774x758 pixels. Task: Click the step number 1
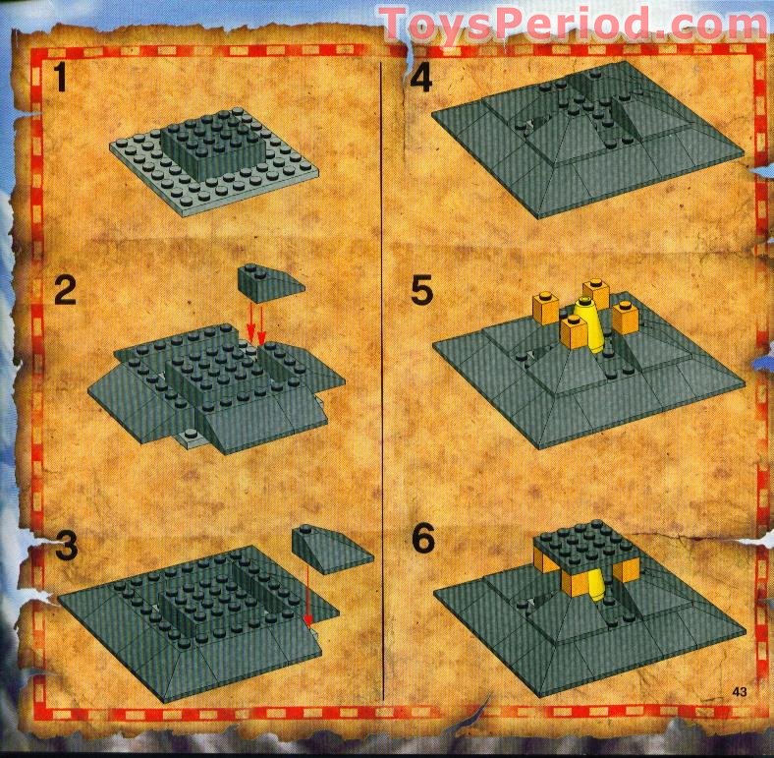point(61,79)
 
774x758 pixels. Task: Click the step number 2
point(65,290)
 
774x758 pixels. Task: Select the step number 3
point(66,545)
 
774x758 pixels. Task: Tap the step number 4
point(421,77)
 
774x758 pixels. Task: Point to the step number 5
point(422,290)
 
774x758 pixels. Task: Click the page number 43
point(740,692)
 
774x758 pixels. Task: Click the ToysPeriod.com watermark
point(573,24)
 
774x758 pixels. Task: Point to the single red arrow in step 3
point(308,595)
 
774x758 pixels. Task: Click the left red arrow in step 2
point(250,323)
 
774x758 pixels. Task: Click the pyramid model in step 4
point(587,140)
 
